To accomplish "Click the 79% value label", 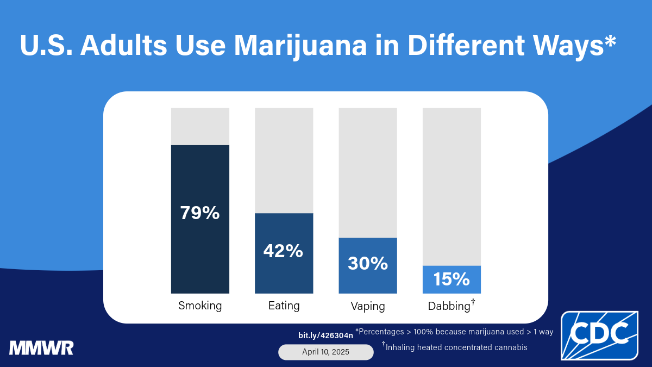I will pyautogui.click(x=200, y=213).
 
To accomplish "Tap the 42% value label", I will pyautogui.click(x=283, y=251).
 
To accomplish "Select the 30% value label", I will pyautogui.click(x=368, y=264).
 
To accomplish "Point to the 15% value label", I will pyautogui.click(x=452, y=279).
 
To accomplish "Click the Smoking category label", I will pyautogui.click(x=200, y=306).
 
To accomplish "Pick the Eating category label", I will pyautogui.click(x=284, y=306).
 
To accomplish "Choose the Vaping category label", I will pyautogui.click(x=368, y=306).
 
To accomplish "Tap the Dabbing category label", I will pyautogui.click(x=449, y=306).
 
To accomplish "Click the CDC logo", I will pyautogui.click(x=599, y=335).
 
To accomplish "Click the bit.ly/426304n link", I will pyautogui.click(x=325, y=335).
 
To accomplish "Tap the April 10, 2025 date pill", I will pyautogui.click(x=326, y=352).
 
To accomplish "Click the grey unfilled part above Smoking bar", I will pyautogui.click(x=200, y=126).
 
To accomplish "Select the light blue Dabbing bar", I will pyautogui.click(x=452, y=279).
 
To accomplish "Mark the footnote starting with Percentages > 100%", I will pyautogui.click(x=454, y=332).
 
